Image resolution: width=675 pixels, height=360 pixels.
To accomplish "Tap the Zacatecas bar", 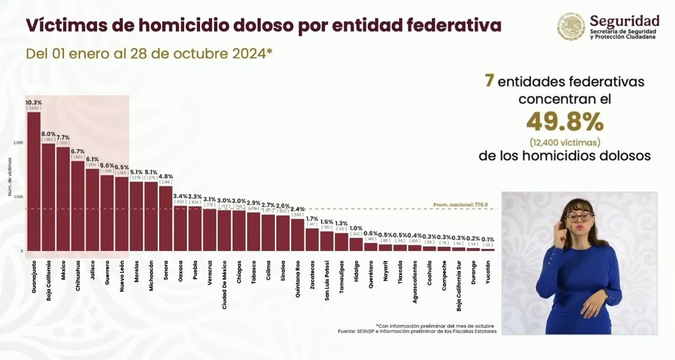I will click(312, 239).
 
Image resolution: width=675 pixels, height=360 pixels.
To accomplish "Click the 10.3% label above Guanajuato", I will click(34, 102).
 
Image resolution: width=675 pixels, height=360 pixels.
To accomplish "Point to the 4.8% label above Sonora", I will click(166, 176).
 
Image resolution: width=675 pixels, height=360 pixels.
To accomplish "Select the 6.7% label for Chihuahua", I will click(78, 151).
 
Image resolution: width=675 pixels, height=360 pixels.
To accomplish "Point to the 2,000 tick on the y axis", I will click(18, 143).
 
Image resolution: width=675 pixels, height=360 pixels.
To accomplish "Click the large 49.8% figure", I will click(565, 123).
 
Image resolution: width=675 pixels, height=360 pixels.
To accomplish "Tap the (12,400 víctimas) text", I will click(565, 142).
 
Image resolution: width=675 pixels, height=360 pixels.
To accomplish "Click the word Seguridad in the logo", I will click(625, 21).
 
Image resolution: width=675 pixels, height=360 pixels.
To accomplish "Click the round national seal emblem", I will click(571, 26).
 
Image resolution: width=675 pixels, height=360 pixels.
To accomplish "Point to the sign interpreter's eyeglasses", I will click(579, 217).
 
